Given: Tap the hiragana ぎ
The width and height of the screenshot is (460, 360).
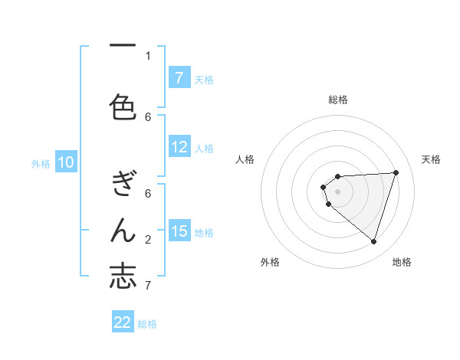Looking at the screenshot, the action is [123, 184].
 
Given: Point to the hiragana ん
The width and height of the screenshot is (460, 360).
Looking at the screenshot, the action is [123, 230].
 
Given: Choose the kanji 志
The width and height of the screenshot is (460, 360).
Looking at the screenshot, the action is [123, 276].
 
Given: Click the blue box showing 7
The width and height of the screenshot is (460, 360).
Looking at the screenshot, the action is [179, 78].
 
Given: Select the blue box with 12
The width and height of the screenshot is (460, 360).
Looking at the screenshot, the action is [179, 148].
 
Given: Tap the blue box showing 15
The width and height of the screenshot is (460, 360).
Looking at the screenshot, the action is [179, 231].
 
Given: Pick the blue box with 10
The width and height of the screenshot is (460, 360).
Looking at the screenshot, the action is [65, 162].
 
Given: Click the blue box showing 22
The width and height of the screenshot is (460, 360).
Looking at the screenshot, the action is [123, 322].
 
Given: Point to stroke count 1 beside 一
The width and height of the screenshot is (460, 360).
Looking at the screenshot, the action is [148, 55].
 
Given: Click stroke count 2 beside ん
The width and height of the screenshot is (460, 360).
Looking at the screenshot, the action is [148, 240].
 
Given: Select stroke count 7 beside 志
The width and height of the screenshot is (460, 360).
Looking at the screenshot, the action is [148, 286].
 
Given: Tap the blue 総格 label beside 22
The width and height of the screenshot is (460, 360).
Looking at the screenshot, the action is [147, 324].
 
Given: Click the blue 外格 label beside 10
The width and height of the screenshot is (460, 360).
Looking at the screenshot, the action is [41, 163].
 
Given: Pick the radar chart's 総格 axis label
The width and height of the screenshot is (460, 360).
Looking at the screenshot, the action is [337, 100].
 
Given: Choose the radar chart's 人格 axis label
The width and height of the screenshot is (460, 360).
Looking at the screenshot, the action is [245, 159].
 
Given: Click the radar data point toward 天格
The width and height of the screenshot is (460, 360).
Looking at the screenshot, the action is [396, 172].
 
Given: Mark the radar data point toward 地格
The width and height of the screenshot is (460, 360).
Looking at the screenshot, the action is [373, 241].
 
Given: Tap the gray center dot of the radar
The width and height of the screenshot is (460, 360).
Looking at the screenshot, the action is [337, 191].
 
